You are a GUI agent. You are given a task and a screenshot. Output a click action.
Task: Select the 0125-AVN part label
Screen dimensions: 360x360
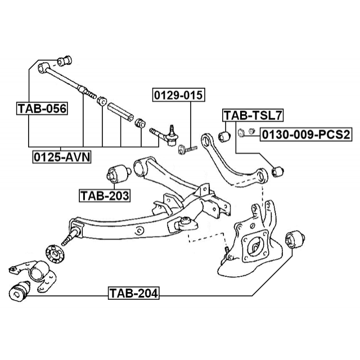click(x=61, y=155)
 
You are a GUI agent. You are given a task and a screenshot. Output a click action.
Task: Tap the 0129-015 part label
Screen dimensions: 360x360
click(x=178, y=96)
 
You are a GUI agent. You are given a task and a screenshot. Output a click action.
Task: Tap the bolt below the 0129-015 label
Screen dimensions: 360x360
click(x=187, y=150)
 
